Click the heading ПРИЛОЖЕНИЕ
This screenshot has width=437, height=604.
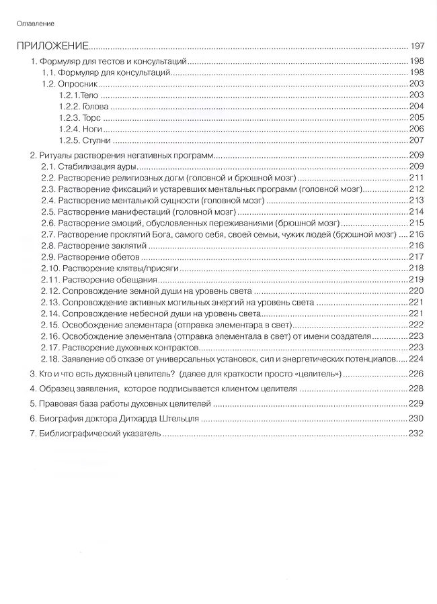(x=53, y=47)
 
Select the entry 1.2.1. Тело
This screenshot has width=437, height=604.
(x=79, y=96)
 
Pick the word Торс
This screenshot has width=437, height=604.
(x=91, y=119)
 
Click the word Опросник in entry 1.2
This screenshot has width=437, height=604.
(x=79, y=85)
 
